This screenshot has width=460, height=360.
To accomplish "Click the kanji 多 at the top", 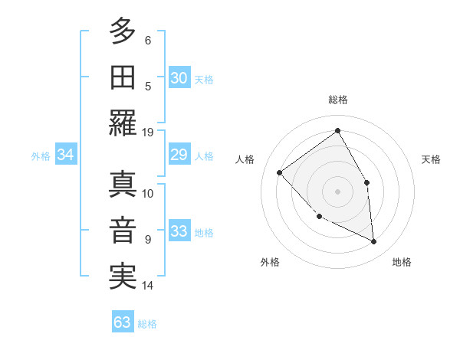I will tap(123, 31).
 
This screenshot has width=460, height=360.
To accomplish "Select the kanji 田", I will tap(123, 77).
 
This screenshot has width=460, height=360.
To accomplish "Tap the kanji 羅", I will tap(123, 123).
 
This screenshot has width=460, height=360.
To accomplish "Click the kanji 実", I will tap(123, 276).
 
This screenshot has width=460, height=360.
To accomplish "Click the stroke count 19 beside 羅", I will tap(148, 132).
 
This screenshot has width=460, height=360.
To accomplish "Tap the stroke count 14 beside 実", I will tap(148, 286).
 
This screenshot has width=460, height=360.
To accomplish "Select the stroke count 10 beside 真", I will tap(148, 193).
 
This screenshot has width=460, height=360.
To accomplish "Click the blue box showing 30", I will tap(179, 78).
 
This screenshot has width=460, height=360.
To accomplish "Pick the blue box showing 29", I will tap(179, 155).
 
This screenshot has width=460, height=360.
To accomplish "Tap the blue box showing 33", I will tap(179, 231).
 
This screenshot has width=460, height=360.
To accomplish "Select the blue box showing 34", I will tap(65, 155).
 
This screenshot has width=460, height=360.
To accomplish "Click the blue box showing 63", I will tap(122, 322).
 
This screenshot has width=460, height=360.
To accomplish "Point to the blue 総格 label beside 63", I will tap(147, 324).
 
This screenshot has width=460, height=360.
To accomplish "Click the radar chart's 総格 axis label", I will tap(338, 100).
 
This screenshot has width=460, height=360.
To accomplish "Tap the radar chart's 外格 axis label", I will tap(270, 262).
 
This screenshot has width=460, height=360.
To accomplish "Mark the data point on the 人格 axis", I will tap(280, 172).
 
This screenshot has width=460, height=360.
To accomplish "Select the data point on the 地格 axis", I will tap(373, 241).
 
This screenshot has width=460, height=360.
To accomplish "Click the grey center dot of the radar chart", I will tap(337, 191).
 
